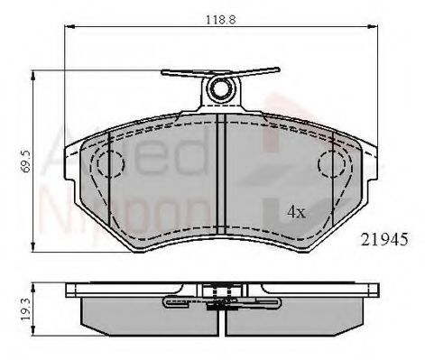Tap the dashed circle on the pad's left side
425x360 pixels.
click(x=109, y=163)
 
